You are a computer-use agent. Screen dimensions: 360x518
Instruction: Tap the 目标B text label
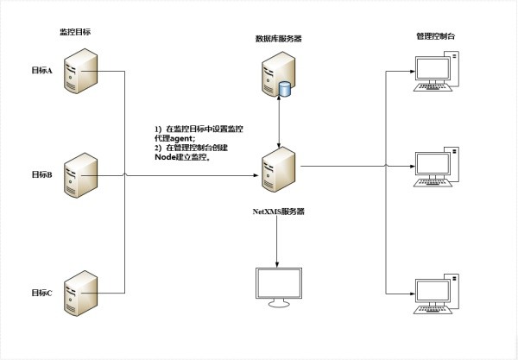(42, 175)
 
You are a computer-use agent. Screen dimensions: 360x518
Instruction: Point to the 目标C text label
(42, 293)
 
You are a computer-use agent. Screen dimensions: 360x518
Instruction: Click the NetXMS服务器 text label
(279, 209)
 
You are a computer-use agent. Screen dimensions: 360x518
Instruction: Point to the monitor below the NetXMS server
(279, 287)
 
